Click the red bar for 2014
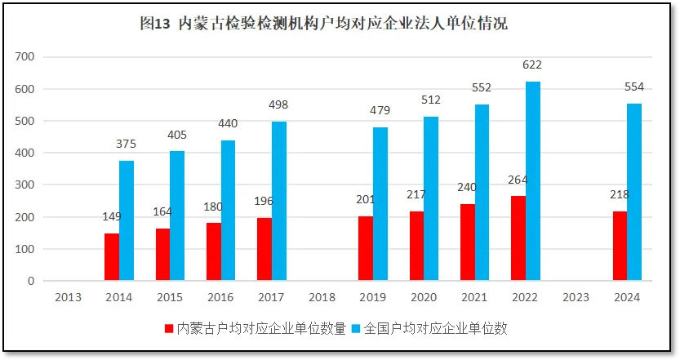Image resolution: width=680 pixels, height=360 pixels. click(x=112, y=257)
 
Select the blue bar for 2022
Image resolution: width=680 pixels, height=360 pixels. click(x=533, y=181)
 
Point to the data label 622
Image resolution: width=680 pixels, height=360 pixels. click(x=533, y=65)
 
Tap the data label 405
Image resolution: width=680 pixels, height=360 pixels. click(x=177, y=134)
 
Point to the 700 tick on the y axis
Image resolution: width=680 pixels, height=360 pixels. click(x=24, y=57)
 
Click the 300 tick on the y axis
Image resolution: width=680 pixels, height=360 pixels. click(x=24, y=185)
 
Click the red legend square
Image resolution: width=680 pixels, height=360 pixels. click(x=169, y=328)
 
